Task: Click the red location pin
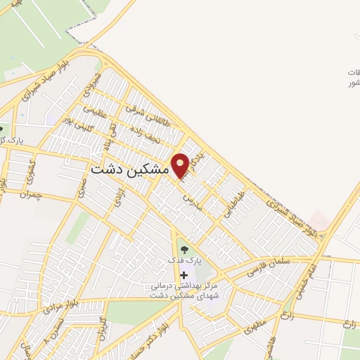tap(181, 165)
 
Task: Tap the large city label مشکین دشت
tap(130, 170)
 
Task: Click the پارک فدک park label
tap(184, 260)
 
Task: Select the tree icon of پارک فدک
tap(184, 248)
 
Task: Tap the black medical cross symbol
tap(184, 274)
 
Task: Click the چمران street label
tap(32, 193)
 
